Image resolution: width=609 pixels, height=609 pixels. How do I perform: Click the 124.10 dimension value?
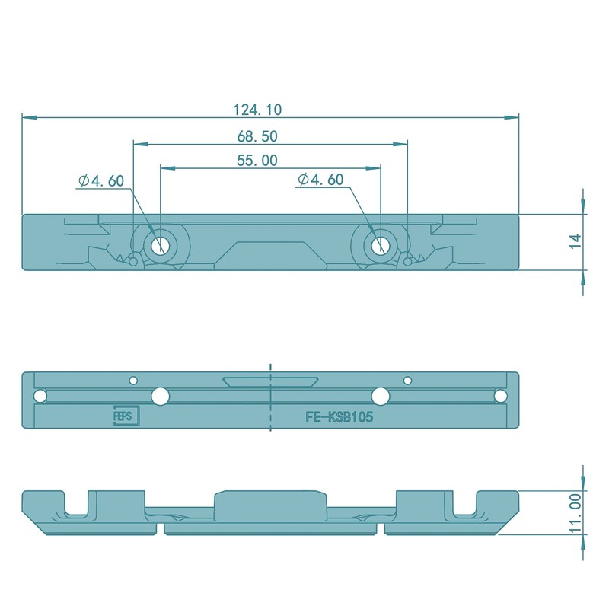pyautogui.click(x=257, y=110)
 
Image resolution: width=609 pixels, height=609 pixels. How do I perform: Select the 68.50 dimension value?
pyautogui.click(x=257, y=137)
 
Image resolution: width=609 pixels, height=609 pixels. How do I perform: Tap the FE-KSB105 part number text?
pyautogui.click(x=339, y=418)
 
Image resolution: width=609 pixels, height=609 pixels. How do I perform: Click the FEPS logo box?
pyautogui.click(x=124, y=418)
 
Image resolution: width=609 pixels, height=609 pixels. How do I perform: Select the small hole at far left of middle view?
pyautogui.click(x=39, y=397)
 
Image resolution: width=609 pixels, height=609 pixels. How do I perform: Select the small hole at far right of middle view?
pyautogui.click(x=500, y=397)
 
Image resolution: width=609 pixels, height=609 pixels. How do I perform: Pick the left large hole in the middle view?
pyautogui.click(x=160, y=396)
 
